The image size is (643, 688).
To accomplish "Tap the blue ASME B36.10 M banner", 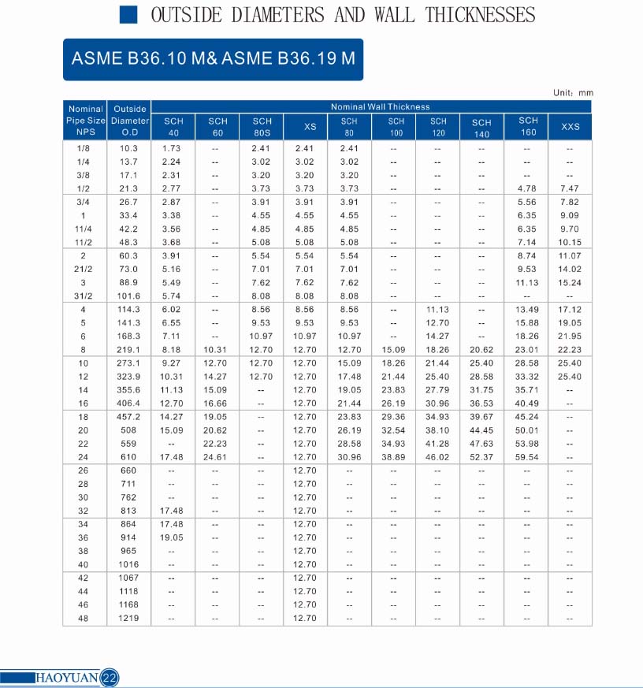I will pos(213,59).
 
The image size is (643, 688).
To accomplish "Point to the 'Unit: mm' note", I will pos(573,93).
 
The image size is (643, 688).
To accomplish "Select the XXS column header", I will pos(570,127).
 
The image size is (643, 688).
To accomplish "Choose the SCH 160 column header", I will pos(528,126).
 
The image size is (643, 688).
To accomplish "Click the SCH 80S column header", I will pos(262,127).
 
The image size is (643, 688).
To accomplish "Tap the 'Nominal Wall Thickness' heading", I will pos(380,107).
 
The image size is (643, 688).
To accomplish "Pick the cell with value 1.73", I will pos(171,148).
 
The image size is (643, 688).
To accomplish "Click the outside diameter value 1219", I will pos(128,618).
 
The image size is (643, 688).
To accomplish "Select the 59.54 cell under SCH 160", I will pos(527,457).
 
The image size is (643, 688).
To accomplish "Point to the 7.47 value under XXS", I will pos(569,188).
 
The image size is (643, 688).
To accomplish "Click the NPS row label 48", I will pos(84,618).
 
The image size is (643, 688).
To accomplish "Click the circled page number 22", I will pos(110,678).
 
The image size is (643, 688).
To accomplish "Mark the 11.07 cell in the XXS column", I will pos(569,256).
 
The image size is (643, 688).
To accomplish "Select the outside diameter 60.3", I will pos(128,256).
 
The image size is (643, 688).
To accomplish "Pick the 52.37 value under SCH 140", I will pos(481,457).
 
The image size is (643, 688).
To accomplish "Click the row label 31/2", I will pos(84,296).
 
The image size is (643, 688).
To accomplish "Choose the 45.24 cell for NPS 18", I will pos(527,417).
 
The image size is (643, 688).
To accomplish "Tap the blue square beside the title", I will pos(128,15).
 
